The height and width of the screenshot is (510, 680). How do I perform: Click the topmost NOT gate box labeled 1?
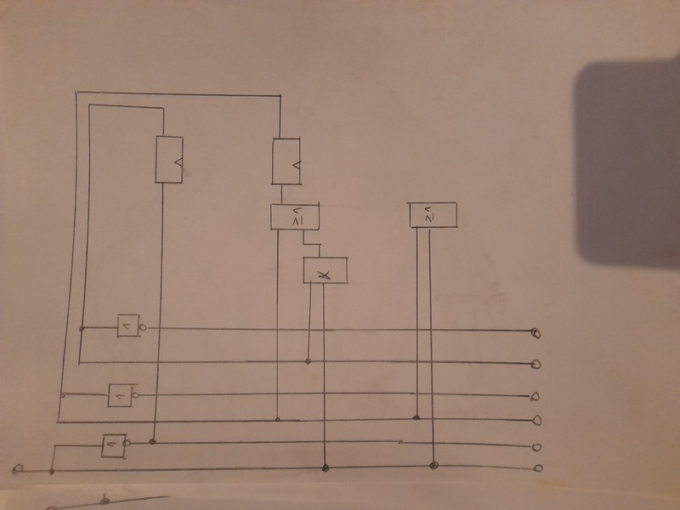[x=127, y=326]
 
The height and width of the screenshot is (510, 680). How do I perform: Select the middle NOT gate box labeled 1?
[x=119, y=394]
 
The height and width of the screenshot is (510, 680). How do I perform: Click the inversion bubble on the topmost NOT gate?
[x=142, y=327]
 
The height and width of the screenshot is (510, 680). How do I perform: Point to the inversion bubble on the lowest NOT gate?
[x=127, y=442]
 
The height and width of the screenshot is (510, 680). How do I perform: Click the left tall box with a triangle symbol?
[x=169, y=159]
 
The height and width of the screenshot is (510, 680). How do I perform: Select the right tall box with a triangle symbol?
[x=287, y=161]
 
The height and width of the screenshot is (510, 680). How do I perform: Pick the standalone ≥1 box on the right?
[x=432, y=215]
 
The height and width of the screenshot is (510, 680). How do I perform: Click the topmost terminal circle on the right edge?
[x=535, y=333]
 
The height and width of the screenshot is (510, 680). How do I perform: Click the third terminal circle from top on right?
[x=535, y=396]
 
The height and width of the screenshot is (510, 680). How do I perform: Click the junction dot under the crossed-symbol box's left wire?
[x=308, y=362]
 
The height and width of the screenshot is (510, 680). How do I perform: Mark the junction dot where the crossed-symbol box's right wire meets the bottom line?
[x=326, y=467]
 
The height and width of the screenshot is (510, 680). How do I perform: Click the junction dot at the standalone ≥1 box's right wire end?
[x=433, y=465]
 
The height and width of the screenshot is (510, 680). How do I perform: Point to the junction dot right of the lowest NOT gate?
[x=154, y=442]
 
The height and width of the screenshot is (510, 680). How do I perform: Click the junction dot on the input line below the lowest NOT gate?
[x=53, y=469]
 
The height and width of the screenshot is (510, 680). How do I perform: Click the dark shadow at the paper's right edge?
[x=629, y=161]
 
